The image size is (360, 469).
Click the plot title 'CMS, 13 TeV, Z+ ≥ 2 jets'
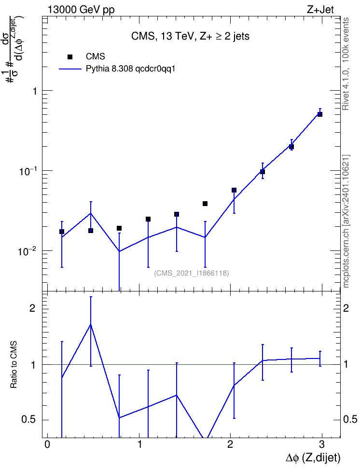coord(190,36)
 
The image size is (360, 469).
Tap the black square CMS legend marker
coord(69,57)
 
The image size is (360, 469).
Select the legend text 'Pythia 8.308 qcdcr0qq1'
coord(130,69)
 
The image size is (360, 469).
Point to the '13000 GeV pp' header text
coord(81,10)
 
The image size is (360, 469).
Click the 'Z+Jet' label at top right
coord(320,10)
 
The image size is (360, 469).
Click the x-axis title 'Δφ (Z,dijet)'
coord(313,457)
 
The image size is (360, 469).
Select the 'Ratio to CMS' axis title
coord(14,365)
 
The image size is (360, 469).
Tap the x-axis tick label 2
coord(230,444)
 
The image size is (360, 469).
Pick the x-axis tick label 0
coord(47,444)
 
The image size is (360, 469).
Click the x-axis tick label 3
coord(321,444)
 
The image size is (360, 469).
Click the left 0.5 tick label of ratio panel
coord(28,420)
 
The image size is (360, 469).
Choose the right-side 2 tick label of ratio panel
coord(346,308)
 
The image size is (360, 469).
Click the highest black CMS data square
coord(320,114)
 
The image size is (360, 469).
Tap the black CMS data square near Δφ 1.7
coord(205,204)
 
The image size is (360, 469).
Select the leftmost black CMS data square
coord(62,232)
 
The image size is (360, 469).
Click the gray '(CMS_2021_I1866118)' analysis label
coord(192,273)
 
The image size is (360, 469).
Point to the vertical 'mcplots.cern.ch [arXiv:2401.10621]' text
coord(346,221)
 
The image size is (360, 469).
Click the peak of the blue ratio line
coord(90,325)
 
